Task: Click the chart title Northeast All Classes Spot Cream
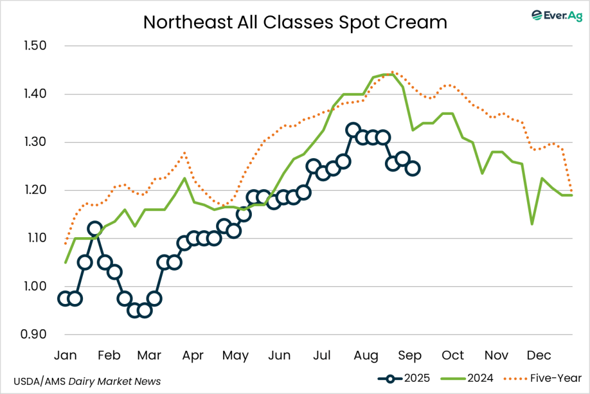click(x=295, y=22)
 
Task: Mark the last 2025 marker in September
click(x=413, y=168)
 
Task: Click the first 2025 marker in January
click(x=65, y=298)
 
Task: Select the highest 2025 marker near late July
click(x=353, y=130)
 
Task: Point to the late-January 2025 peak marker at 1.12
click(x=95, y=229)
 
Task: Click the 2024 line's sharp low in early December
click(x=532, y=224)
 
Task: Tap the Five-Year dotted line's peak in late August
click(x=392, y=72)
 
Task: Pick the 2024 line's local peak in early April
click(x=184, y=178)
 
